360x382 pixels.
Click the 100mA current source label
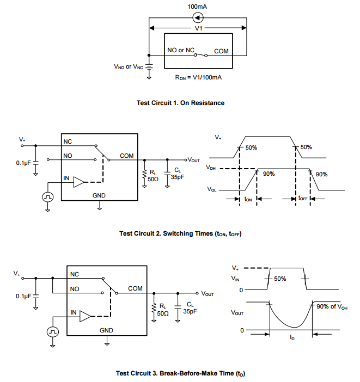pos(198,7)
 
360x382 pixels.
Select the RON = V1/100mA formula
pos(198,77)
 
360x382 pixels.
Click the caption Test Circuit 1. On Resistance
pos(180,103)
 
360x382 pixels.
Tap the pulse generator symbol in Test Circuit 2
pos(47,196)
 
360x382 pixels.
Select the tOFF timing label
pos(303,199)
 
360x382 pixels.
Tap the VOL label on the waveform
pos(211,190)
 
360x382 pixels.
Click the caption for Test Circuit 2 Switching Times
pos(180,233)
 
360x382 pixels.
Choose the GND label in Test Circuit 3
pos(107,330)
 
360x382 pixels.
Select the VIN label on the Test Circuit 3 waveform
pos(235,278)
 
